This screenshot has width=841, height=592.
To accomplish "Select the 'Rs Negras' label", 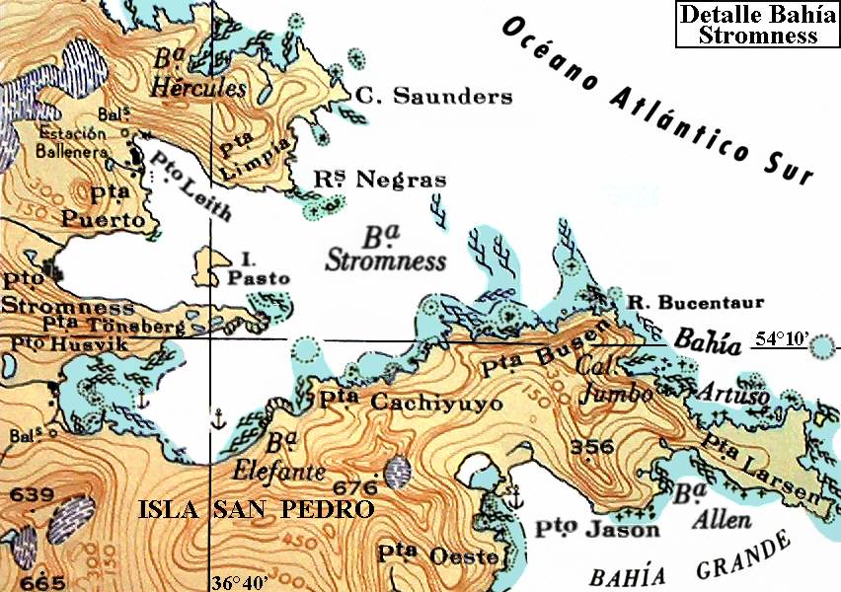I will coord(379,180).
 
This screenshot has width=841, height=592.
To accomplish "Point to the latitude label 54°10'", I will coord(782,339).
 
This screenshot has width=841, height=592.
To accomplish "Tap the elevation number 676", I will coord(356,487).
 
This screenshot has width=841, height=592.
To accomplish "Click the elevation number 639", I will coord(28,493).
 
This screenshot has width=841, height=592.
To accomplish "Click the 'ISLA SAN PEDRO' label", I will coord(256,510).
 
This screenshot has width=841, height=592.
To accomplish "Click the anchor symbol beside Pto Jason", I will coord(513,496).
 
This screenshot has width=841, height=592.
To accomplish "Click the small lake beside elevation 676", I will coord(399,473).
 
